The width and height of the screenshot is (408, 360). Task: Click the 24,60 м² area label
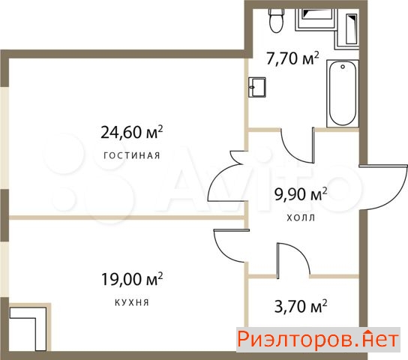coord(132,132)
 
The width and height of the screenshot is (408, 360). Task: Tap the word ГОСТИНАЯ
coord(132,155)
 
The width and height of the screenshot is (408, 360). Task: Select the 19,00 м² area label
coord(132,279)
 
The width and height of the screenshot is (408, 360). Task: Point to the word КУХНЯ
coord(132,302)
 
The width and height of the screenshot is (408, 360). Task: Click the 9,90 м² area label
coord(301,194)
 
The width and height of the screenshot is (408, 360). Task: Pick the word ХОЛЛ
coord(301,217)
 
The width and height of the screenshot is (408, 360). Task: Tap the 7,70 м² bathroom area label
coord(292,58)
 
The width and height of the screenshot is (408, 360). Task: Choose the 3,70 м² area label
coord(301,306)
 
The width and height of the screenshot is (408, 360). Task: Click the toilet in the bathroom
coord(276,20)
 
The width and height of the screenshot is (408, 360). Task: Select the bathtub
coord(343,94)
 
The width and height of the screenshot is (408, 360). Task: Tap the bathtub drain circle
coord(343,67)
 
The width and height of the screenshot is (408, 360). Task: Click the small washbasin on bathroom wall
coord(256,87)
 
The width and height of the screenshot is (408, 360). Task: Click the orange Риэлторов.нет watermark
coord(318,339)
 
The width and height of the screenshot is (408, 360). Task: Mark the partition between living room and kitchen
coord(127,217)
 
